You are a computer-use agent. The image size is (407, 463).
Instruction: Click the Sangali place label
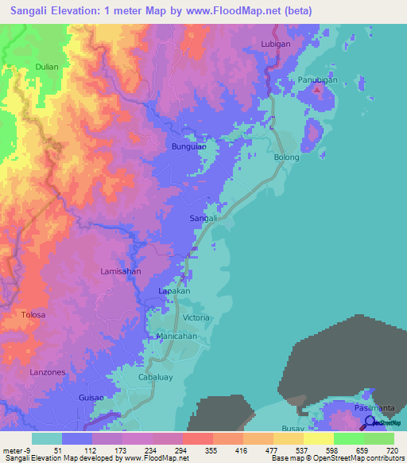203,218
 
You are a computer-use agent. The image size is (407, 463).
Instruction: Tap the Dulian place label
47,67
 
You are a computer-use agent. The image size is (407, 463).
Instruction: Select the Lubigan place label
276,44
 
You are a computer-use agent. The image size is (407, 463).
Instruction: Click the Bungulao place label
189,147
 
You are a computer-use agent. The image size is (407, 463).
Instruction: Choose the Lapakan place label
174,292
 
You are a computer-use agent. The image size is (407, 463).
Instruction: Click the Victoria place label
196,317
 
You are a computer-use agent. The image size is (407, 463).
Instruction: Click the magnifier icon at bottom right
370,422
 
